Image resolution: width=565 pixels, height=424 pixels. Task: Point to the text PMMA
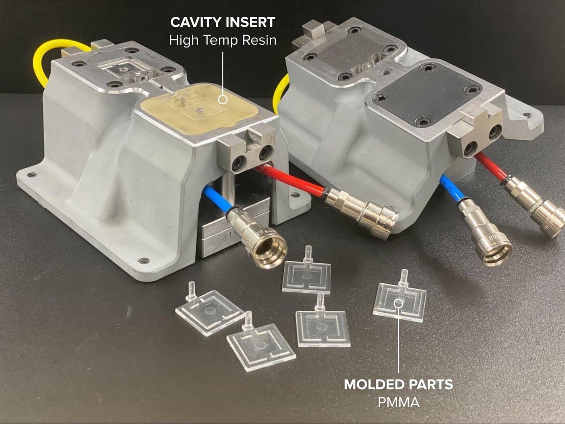(399, 402)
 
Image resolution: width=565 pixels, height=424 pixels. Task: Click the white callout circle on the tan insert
(223, 99)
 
